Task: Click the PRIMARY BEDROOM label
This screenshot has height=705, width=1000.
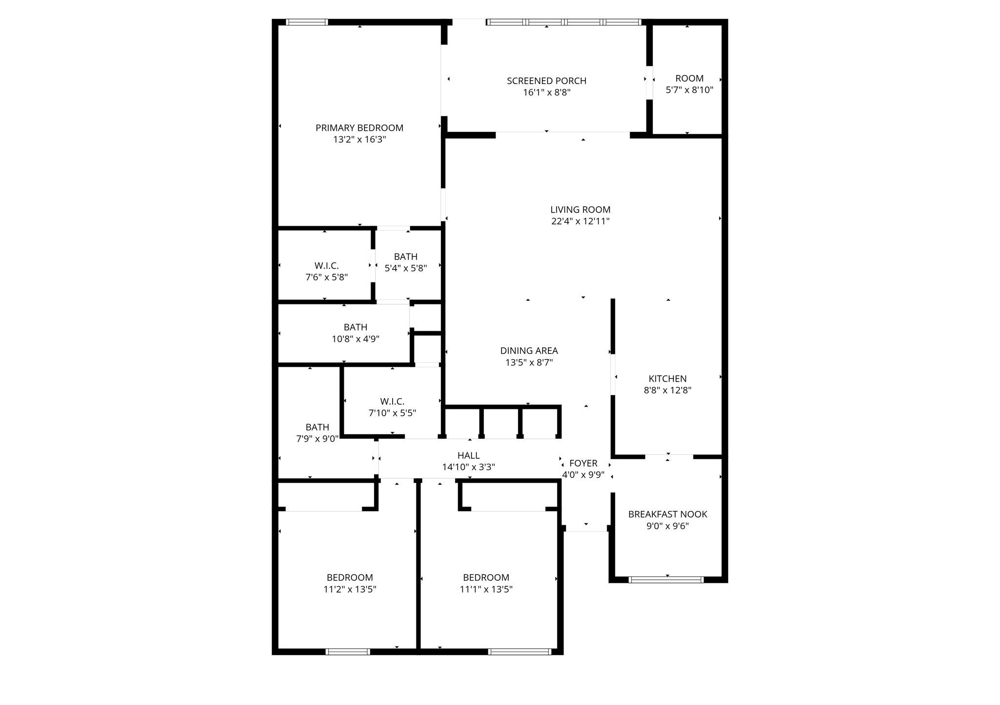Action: [359, 128]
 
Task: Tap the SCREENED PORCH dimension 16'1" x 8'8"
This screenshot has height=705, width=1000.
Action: [546, 92]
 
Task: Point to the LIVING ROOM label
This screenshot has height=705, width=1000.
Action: [580, 210]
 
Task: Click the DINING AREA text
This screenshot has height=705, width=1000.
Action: [529, 351]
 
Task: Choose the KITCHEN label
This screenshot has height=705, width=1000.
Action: [667, 379]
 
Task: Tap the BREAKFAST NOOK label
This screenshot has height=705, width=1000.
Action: [667, 514]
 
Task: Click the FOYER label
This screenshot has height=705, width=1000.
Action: [583, 463]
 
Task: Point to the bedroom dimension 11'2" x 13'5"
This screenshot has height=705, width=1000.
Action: [350, 589]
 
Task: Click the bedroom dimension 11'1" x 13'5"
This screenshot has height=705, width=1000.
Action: [486, 589]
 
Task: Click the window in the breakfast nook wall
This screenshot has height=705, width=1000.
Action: [666, 580]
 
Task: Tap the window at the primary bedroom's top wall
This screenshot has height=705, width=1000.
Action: [307, 22]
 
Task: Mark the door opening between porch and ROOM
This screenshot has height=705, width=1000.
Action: [649, 83]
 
